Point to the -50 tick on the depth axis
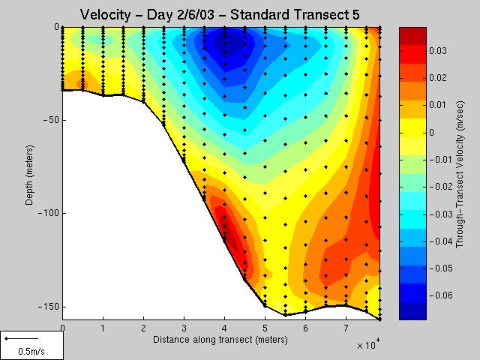tap(50, 120)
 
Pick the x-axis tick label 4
tap(224, 328)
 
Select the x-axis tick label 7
tap(346, 328)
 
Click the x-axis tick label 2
tap(143, 328)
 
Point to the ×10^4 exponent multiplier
tap(368, 345)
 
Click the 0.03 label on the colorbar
tap(442, 51)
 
